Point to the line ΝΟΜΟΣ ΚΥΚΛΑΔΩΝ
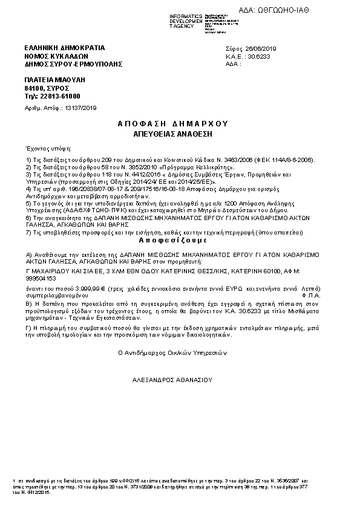coord(52,55)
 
